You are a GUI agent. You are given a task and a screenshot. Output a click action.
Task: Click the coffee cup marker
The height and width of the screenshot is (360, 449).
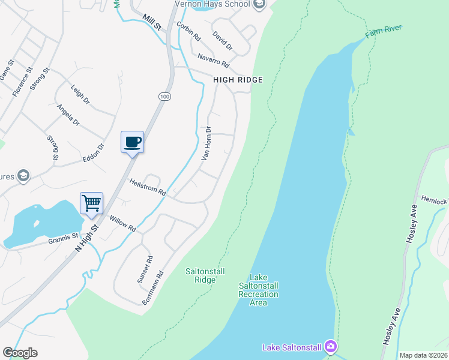click(132, 142)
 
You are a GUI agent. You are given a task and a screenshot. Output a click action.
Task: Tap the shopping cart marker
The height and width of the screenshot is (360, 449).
click(92, 203)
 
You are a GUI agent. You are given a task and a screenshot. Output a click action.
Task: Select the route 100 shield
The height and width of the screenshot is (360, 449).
click(164, 97)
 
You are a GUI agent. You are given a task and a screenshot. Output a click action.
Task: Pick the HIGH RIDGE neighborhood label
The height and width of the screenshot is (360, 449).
click(238, 80)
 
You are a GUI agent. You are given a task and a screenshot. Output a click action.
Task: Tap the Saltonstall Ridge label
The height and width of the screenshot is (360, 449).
click(205, 275)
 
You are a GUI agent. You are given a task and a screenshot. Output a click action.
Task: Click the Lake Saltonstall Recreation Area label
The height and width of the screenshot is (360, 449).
click(258, 290)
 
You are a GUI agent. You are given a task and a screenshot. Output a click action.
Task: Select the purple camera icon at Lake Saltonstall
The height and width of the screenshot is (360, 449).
click(330, 347)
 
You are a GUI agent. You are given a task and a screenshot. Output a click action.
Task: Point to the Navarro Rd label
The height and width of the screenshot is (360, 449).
click(213, 60)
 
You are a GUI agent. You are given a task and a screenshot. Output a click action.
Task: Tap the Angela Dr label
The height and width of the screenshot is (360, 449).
click(68, 115)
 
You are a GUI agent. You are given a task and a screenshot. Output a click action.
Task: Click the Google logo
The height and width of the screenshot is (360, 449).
click(20, 353)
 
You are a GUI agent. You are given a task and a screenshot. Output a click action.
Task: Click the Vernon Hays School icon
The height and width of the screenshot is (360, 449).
click(259, 5)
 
